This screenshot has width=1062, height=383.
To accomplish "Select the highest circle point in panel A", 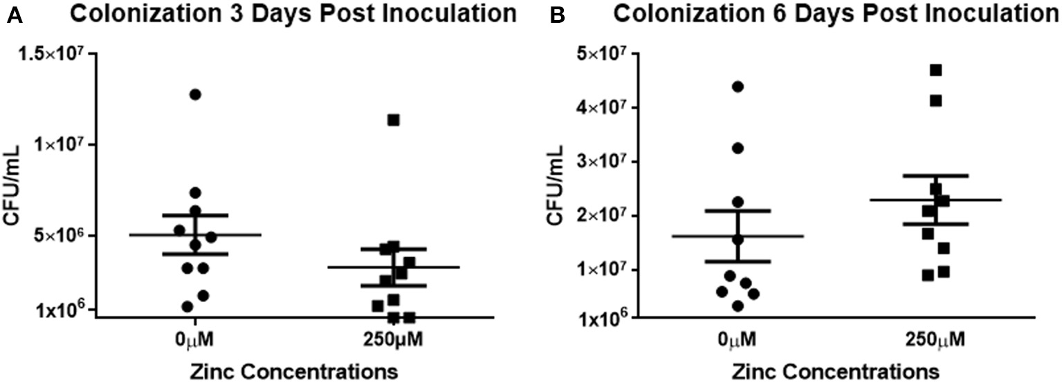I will pos(196,94).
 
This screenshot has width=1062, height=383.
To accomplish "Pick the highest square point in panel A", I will pos(394,120).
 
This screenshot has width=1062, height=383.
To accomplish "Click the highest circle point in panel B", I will pos(738,86).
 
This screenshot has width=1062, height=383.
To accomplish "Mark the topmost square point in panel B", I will pos(936,70).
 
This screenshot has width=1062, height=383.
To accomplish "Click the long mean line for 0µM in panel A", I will pos(196,235).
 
